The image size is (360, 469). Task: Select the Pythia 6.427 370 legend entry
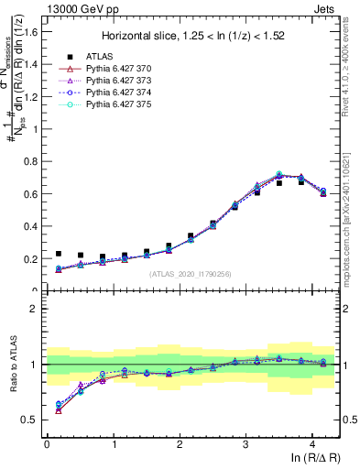pyautogui.click(x=111, y=69)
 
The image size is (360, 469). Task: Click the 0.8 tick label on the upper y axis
pyautogui.click(x=32, y=161)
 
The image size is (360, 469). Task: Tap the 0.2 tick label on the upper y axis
pyautogui.click(x=32, y=258)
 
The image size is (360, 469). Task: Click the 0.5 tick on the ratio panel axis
pyautogui.click(x=32, y=420)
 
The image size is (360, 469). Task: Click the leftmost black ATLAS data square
pyautogui.click(x=59, y=254)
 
